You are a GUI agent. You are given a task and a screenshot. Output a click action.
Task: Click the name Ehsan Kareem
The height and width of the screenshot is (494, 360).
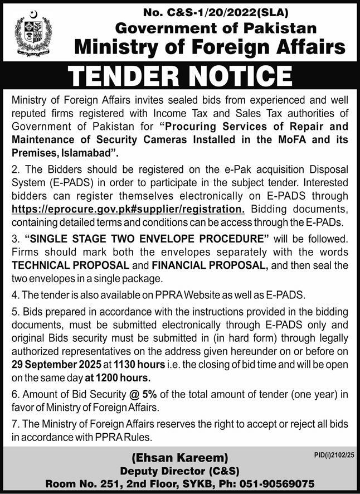(x=179, y=461)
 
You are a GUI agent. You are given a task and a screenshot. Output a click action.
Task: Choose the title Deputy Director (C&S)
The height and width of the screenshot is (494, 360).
(x=179, y=472)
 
